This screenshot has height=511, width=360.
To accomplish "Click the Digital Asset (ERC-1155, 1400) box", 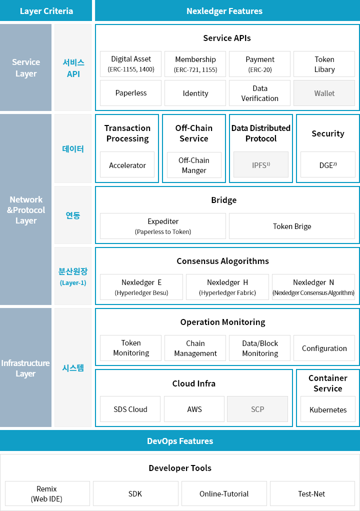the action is (130, 64).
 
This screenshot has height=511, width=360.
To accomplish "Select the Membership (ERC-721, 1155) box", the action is (195, 64).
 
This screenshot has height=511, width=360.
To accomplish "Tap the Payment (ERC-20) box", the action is (259, 64).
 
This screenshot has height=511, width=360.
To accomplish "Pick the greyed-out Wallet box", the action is (324, 93).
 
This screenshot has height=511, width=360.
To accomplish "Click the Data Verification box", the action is (259, 93).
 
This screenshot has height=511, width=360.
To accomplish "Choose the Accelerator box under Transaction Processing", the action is (127, 164).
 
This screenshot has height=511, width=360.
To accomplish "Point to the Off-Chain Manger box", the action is (194, 165).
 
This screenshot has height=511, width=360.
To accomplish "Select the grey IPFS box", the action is (261, 164).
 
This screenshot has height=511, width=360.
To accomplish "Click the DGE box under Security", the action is (327, 164).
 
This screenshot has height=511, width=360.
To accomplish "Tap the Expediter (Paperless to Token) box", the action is (163, 226).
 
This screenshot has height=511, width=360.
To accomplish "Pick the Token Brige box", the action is (292, 226).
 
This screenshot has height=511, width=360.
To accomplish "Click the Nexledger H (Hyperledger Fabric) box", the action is (227, 287).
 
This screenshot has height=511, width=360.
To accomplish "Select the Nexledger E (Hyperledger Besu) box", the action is (141, 287).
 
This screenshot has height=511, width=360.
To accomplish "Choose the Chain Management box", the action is (195, 348).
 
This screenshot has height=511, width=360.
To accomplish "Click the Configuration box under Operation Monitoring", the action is (324, 348).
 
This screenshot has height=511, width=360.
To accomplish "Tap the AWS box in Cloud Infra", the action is (194, 409).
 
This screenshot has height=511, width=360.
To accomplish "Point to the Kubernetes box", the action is (327, 409).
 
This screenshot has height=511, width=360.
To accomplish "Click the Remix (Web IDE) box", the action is (47, 493).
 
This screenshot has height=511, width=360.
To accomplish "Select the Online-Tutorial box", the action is (224, 493).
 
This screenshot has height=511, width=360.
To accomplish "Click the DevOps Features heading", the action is (180, 440).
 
